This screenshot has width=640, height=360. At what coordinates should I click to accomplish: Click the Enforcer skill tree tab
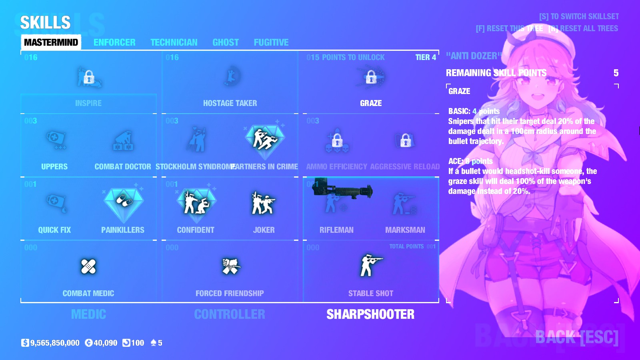(x=114, y=42)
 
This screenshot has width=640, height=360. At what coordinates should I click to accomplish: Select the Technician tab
(x=174, y=42)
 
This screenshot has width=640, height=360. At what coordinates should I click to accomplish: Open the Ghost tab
(x=226, y=42)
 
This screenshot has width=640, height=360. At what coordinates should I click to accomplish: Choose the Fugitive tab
(x=271, y=42)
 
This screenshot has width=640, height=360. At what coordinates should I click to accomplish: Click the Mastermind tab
(x=51, y=42)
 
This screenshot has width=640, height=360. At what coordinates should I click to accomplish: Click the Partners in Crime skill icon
(x=264, y=139)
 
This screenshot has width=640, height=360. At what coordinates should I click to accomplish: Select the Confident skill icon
(x=196, y=202)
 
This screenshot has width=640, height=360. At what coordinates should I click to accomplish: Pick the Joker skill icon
(x=264, y=203)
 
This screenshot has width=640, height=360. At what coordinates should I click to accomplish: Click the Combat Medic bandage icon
(x=88, y=266)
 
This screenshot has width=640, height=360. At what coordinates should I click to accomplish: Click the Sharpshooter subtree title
(x=370, y=314)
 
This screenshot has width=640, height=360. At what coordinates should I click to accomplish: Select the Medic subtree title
(x=88, y=314)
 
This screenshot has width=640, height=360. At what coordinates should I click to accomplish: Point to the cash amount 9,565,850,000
(x=55, y=343)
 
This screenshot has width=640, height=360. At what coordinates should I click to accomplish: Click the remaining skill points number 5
(x=616, y=73)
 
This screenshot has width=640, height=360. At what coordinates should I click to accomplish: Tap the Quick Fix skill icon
(x=55, y=202)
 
